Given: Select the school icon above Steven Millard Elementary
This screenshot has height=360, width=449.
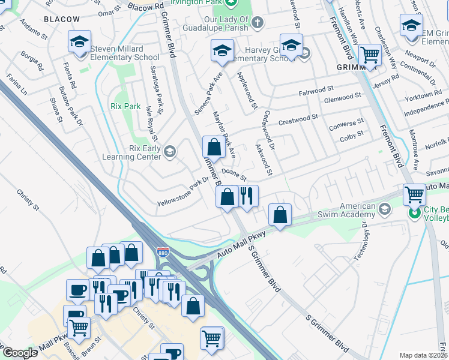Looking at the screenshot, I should (x=79, y=41).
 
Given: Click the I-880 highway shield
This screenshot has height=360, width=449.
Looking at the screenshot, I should (x=163, y=253).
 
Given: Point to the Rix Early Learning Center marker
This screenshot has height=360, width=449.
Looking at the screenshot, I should (x=170, y=151).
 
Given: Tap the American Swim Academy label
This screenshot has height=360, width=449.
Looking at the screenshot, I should (x=358, y=210).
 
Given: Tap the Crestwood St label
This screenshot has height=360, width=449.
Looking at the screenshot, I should (x=298, y=119).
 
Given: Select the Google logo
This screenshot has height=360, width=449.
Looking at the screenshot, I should (x=19, y=353).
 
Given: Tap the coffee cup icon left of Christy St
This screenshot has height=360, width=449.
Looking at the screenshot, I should (x=77, y=290).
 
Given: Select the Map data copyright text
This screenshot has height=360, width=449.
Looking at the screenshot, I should (x=424, y=355).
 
